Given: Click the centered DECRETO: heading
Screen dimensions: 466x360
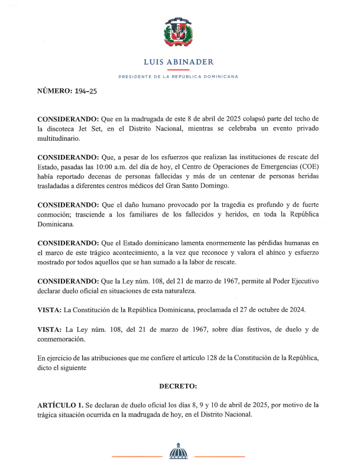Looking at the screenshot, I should (178, 386).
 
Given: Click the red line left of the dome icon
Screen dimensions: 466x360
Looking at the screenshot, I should (137, 456).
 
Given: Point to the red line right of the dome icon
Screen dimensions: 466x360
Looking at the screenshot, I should (219, 456).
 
